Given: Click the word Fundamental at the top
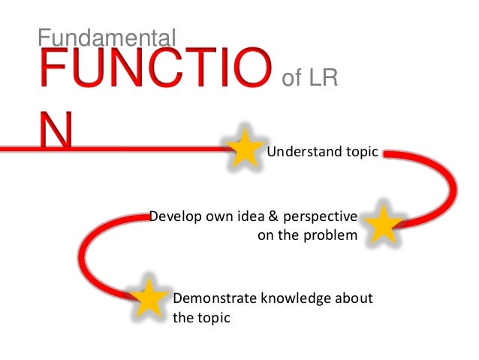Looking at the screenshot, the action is point(106,36).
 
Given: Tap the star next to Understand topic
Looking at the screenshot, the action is point(245,148).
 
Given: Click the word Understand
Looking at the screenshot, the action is point(294,153).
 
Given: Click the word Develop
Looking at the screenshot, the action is point(173,217).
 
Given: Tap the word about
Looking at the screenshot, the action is point(353,298).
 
